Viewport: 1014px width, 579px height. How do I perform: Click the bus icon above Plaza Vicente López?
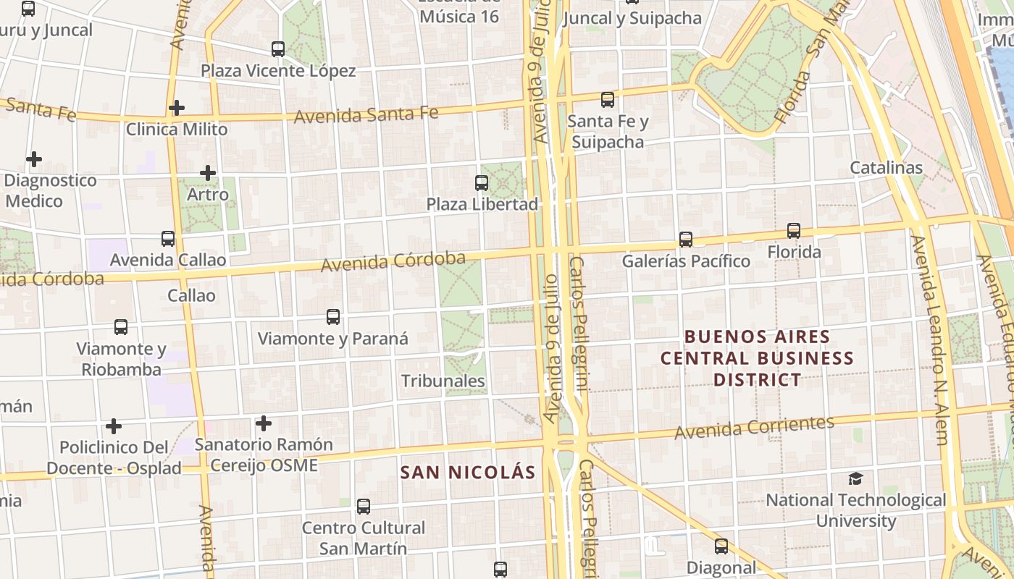[x=278, y=49]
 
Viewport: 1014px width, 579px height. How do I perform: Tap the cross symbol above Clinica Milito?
[x=176, y=108]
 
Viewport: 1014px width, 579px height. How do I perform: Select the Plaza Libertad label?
[x=482, y=204]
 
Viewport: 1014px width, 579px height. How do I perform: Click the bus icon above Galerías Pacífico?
[x=685, y=239]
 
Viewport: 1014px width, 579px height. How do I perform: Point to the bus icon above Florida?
[x=794, y=231]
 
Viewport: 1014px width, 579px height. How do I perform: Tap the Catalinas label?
[x=886, y=168]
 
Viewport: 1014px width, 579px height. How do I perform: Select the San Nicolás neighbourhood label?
[x=468, y=473]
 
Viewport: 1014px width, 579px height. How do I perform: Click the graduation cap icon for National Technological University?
[x=855, y=478]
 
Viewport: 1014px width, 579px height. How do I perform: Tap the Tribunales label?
[x=443, y=381]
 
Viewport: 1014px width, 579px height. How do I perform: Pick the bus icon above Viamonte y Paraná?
[x=333, y=316]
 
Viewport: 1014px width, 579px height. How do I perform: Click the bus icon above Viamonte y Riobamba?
[x=121, y=327]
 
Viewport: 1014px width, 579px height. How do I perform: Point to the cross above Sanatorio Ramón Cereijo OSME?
[x=264, y=423]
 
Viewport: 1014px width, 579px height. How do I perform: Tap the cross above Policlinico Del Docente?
[x=113, y=426]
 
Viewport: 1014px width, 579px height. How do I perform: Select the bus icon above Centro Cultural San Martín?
[x=364, y=507]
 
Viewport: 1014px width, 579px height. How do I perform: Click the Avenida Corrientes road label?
[x=754, y=428]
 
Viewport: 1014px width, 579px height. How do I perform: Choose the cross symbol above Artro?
[x=208, y=173]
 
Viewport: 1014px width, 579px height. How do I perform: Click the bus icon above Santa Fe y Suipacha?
[x=607, y=99]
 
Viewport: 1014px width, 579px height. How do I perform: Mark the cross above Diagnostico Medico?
[x=33, y=159]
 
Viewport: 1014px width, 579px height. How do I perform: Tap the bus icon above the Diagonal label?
[x=721, y=546]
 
